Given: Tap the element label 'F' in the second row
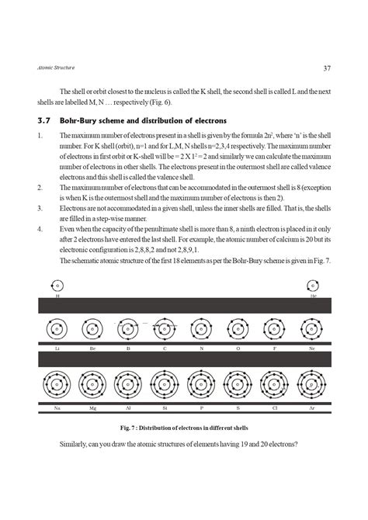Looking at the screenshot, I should [x=275, y=349].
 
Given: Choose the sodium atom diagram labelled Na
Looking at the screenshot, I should [x=57, y=385].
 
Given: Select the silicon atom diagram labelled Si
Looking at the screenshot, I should [x=165, y=385].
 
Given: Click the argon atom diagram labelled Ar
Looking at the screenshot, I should [x=311, y=385].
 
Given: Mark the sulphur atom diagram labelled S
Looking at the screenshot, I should [x=238, y=385].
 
